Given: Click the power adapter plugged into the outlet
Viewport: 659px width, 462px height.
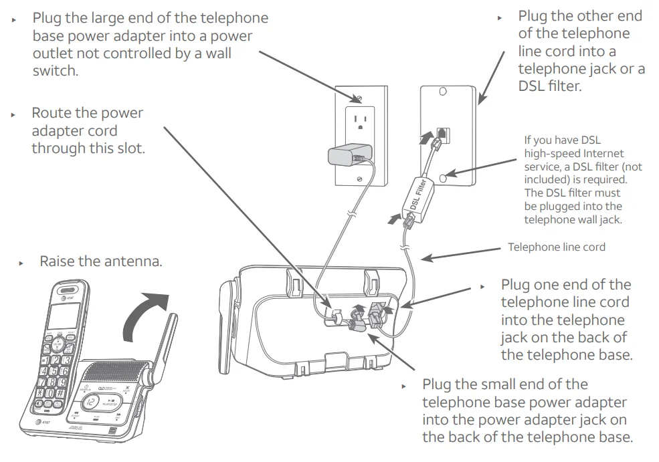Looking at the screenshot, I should [x=343, y=158].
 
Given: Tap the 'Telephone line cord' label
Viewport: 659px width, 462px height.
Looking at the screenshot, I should [x=557, y=247].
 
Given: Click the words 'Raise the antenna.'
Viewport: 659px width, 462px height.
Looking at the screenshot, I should [x=100, y=261].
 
